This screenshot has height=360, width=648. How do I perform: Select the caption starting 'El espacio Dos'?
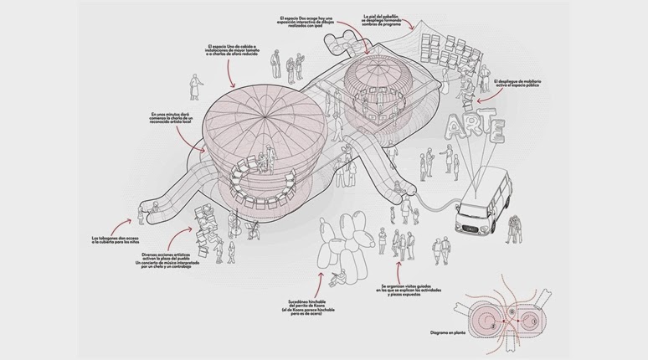(311, 21)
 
